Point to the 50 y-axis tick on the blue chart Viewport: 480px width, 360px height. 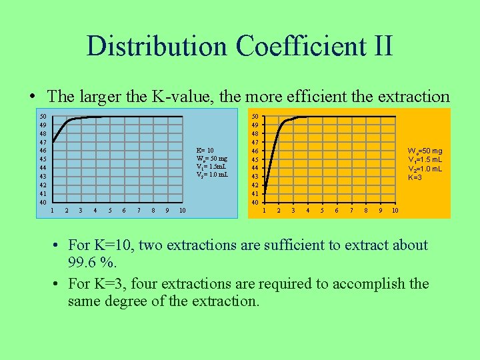coord(42,117)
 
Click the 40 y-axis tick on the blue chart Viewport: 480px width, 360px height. coord(42,202)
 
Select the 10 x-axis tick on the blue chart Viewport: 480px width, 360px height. coord(182,211)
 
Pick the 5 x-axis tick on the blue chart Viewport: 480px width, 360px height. coord(109,211)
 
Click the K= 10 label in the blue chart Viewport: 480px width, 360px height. coord(205,150)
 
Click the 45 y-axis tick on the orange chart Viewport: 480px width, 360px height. coord(254,159)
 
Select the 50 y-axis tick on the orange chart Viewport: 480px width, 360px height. coord(254,117)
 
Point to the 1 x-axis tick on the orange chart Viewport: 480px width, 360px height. coord(264,211)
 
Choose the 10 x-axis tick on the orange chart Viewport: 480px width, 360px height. coord(395,211)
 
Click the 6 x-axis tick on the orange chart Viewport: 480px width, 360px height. coord(336,211)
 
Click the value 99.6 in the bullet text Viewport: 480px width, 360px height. coord(81,263)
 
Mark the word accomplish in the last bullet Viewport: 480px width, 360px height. coord(367,283)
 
